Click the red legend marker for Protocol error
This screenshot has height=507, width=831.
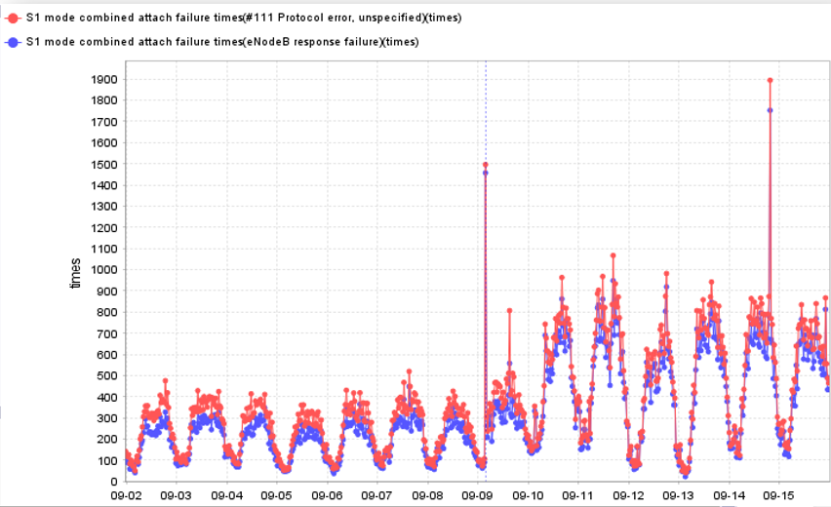12,18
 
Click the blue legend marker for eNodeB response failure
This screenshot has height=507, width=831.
12,41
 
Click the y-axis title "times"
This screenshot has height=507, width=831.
75,274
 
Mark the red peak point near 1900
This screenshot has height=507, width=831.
770,80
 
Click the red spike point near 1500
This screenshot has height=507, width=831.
486,165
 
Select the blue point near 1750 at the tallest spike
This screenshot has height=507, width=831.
770,110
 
